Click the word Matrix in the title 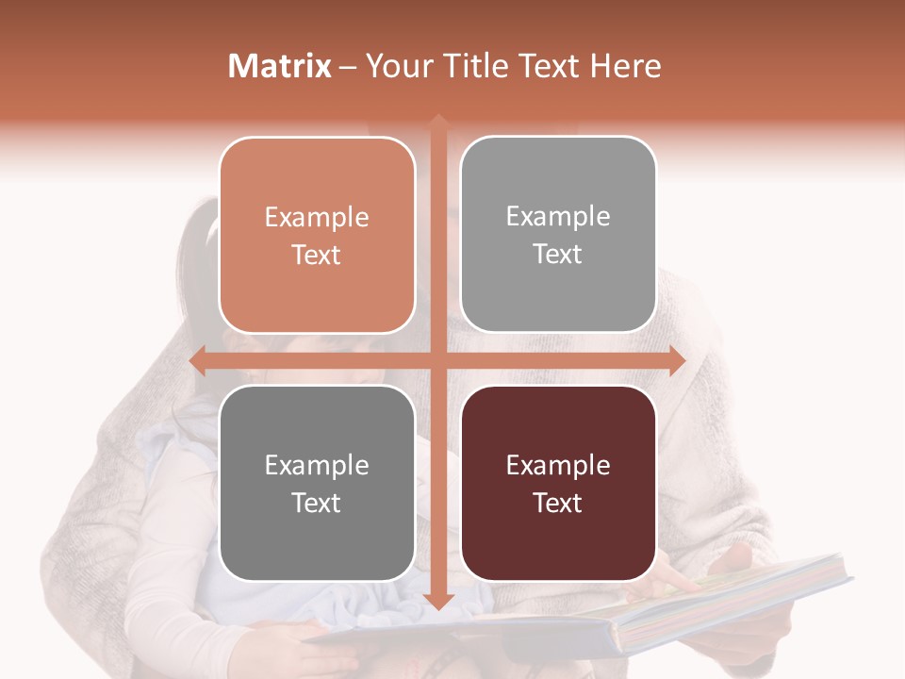click(280, 66)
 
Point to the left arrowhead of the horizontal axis click(198, 360)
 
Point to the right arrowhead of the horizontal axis click(677, 360)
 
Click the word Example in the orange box click(317, 218)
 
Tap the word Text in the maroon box click(558, 503)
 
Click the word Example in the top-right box click(558, 217)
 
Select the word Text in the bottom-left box click(317, 503)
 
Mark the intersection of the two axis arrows click(437, 360)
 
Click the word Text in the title click(547, 66)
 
